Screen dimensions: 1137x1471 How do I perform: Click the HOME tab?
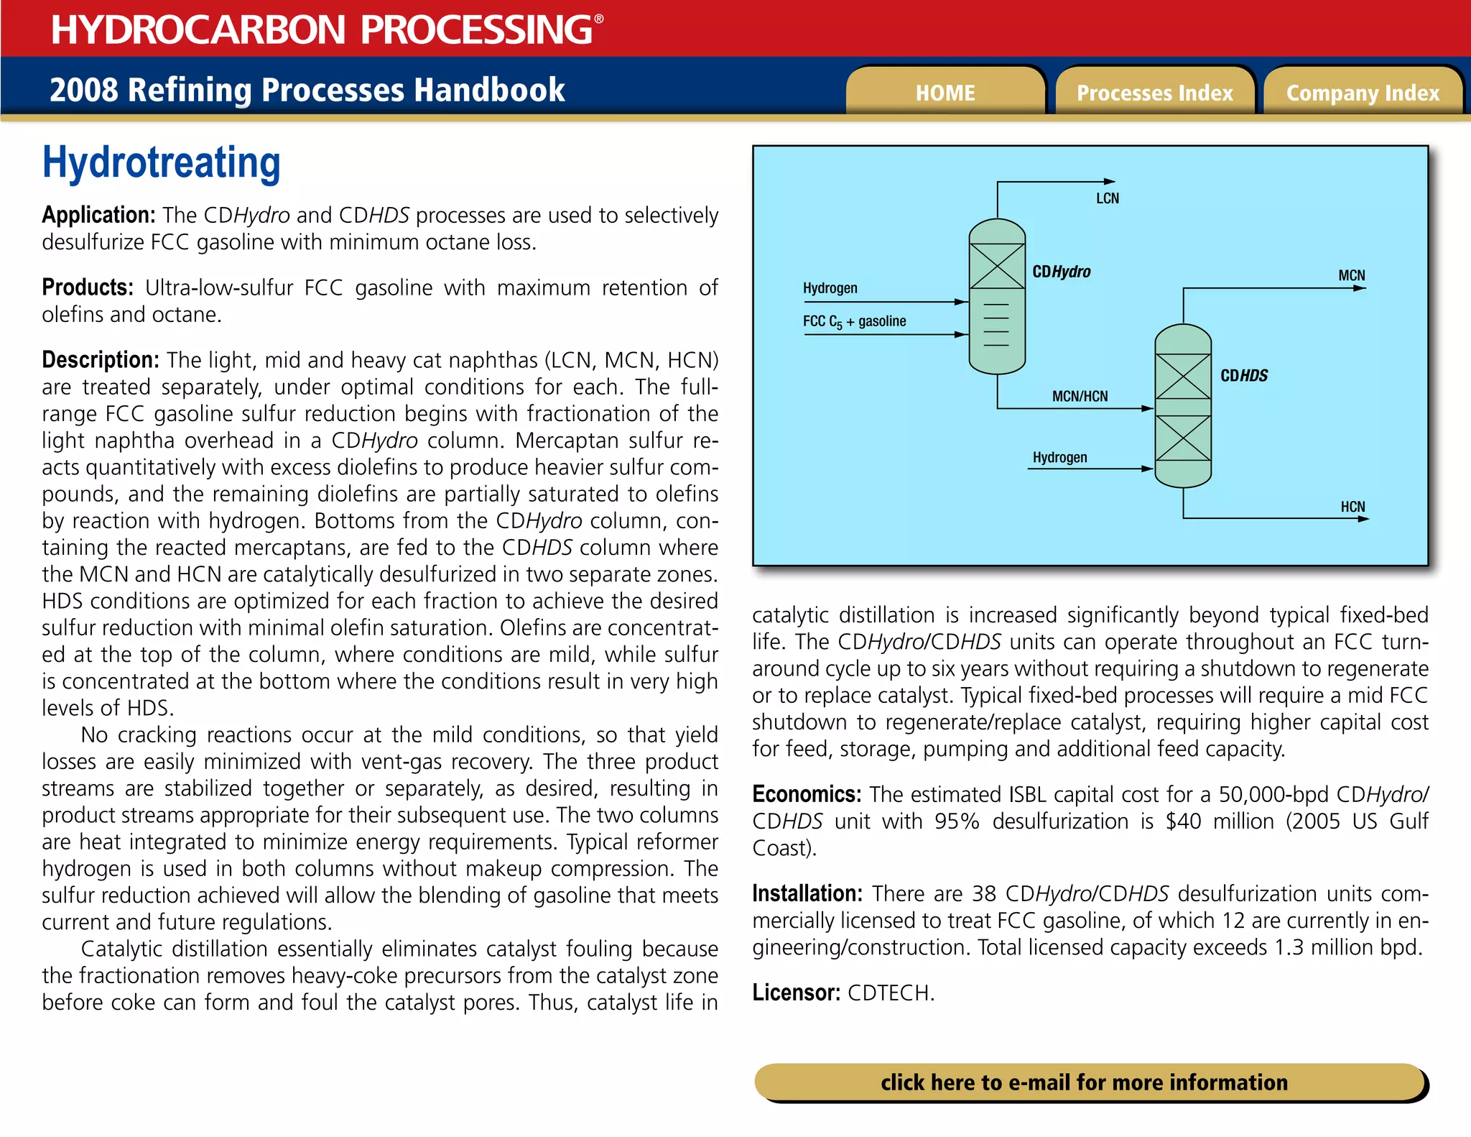[945, 93]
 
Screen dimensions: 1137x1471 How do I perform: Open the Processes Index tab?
[1154, 93]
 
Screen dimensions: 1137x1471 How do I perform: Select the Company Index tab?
[1363, 93]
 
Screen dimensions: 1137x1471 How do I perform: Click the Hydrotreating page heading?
[161, 162]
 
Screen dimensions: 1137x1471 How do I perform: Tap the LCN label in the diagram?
[1107, 198]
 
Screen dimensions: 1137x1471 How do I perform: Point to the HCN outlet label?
[1352, 507]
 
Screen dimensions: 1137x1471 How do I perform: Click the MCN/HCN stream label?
[1080, 396]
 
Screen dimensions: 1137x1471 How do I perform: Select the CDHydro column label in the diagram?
[1061, 272]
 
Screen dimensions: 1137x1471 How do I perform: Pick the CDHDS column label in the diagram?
[1244, 376]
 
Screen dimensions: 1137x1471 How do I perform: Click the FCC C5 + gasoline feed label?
[854, 321]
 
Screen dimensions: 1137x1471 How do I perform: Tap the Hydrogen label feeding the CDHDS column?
[1059, 457]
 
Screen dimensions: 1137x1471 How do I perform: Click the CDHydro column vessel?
[997, 296]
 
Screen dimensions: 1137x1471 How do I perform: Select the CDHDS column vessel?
[1183, 405]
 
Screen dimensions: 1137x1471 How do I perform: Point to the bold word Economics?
[806, 794]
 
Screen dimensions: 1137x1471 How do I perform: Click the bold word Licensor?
[796, 993]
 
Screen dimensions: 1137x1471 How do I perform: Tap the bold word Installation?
[807, 893]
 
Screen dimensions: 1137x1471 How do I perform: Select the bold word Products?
[87, 287]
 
